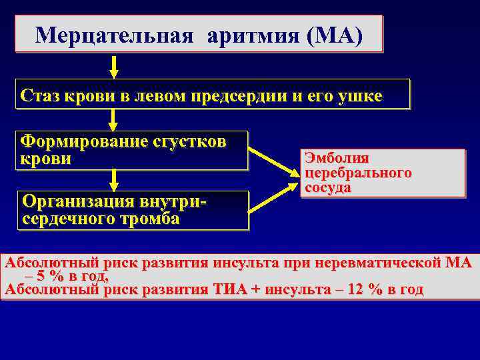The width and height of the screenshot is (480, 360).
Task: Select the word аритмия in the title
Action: pos(255,34)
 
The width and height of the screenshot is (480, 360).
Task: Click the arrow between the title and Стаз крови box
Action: pos(114,67)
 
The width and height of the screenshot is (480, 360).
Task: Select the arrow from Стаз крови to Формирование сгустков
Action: pos(114,119)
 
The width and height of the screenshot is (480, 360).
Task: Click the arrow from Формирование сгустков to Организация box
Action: pos(114,179)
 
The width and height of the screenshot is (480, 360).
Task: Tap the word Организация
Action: pos(79,201)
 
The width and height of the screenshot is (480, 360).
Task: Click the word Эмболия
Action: pos(336,159)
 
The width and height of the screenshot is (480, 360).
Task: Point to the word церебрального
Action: pos(357,173)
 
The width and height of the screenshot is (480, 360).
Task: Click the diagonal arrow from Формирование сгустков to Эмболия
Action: pos(275,162)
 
